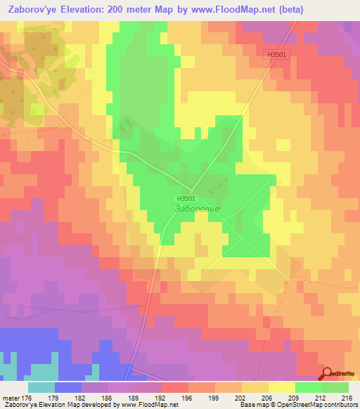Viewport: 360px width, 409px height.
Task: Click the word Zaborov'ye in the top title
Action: [x=32, y=9]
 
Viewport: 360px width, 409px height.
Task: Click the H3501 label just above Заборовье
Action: [x=184, y=199]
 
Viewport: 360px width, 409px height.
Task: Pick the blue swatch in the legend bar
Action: [x=67, y=387]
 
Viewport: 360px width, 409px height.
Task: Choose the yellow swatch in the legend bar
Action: [x=282, y=387]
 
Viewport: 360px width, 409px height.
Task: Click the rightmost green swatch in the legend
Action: [x=335, y=387]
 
